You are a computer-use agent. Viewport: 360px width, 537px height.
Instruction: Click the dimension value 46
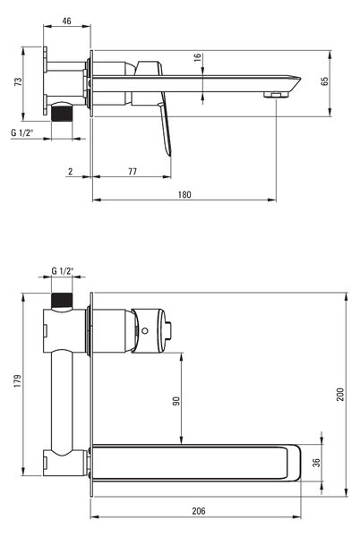(67, 21)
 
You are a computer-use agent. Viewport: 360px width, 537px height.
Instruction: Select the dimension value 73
(18, 81)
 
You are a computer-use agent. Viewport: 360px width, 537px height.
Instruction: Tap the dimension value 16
(198, 57)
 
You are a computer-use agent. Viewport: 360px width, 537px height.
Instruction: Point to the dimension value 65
(325, 81)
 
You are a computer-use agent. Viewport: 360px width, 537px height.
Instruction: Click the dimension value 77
(133, 171)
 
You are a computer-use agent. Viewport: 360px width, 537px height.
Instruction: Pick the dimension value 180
(184, 194)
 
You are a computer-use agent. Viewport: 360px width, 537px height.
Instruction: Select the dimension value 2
(70, 171)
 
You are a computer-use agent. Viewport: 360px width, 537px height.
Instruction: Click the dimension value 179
(18, 381)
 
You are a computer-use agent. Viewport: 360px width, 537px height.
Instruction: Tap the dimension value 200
(339, 395)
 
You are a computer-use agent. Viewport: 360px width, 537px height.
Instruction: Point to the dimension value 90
(176, 401)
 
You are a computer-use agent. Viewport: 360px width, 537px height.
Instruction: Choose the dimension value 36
(317, 463)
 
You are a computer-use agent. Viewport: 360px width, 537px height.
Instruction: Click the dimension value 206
(199, 511)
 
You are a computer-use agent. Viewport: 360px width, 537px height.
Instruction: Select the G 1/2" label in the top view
(21, 132)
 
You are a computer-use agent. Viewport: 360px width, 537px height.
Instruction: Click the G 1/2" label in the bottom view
(63, 271)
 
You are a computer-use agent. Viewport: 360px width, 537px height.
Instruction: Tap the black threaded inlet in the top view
(62, 114)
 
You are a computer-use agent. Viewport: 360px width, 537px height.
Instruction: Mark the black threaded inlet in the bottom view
(62, 301)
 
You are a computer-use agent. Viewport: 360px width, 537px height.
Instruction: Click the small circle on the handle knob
(145, 331)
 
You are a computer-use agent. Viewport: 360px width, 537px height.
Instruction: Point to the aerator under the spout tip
(275, 94)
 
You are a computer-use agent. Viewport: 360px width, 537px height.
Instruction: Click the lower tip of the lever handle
(169, 155)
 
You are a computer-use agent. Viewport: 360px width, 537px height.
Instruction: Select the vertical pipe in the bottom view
(62, 403)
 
